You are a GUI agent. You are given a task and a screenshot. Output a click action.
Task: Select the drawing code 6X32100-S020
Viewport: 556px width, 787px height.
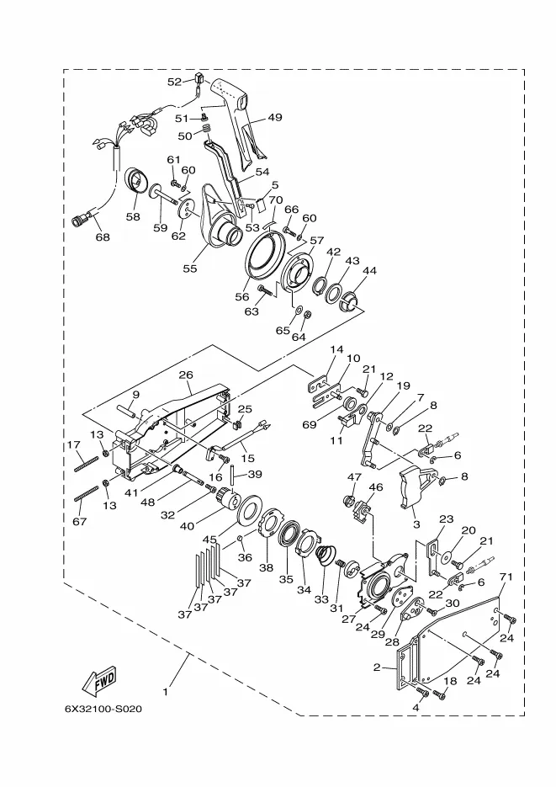pyautogui.click(x=103, y=709)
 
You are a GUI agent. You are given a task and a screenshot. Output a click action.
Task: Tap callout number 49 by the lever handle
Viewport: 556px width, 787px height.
pyautogui.click(x=275, y=118)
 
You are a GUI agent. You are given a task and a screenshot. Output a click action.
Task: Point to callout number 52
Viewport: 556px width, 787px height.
pyautogui.click(x=174, y=82)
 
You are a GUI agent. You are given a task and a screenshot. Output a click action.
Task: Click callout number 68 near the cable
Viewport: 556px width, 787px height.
pyautogui.click(x=103, y=237)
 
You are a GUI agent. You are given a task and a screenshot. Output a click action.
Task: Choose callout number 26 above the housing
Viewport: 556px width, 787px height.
pyautogui.click(x=186, y=375)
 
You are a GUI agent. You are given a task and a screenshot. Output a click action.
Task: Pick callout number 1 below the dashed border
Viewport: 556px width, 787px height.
pyautogui.click(x=166, y=692)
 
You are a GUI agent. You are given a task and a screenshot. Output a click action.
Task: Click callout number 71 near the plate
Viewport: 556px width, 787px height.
pyautogui.click(x=506, y=577)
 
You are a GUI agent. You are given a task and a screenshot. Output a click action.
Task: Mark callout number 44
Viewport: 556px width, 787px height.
pyautogui.click(x=369, y=271)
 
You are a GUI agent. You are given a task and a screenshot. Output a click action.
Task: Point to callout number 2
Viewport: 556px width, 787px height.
pyautogui.click(x=378, y=667)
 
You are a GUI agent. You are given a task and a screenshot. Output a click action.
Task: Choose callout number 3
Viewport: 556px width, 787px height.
pyautogui.click(x=415, y=524)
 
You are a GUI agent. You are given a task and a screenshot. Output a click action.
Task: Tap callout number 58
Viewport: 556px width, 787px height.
pyautogui.click(x=133, y=216)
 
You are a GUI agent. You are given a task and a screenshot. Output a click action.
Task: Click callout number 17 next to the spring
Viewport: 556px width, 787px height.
pyautogui.click(x=73, y=445)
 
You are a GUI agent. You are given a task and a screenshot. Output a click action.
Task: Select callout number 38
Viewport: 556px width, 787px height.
pyautogui.click(x=266, y=567)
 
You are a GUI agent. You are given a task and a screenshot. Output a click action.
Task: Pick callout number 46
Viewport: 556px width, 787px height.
pyautogui.click(x=376, y=487)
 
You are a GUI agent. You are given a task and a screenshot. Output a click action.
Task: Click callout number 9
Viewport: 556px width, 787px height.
pyautogui.click(x=135, y=394)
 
